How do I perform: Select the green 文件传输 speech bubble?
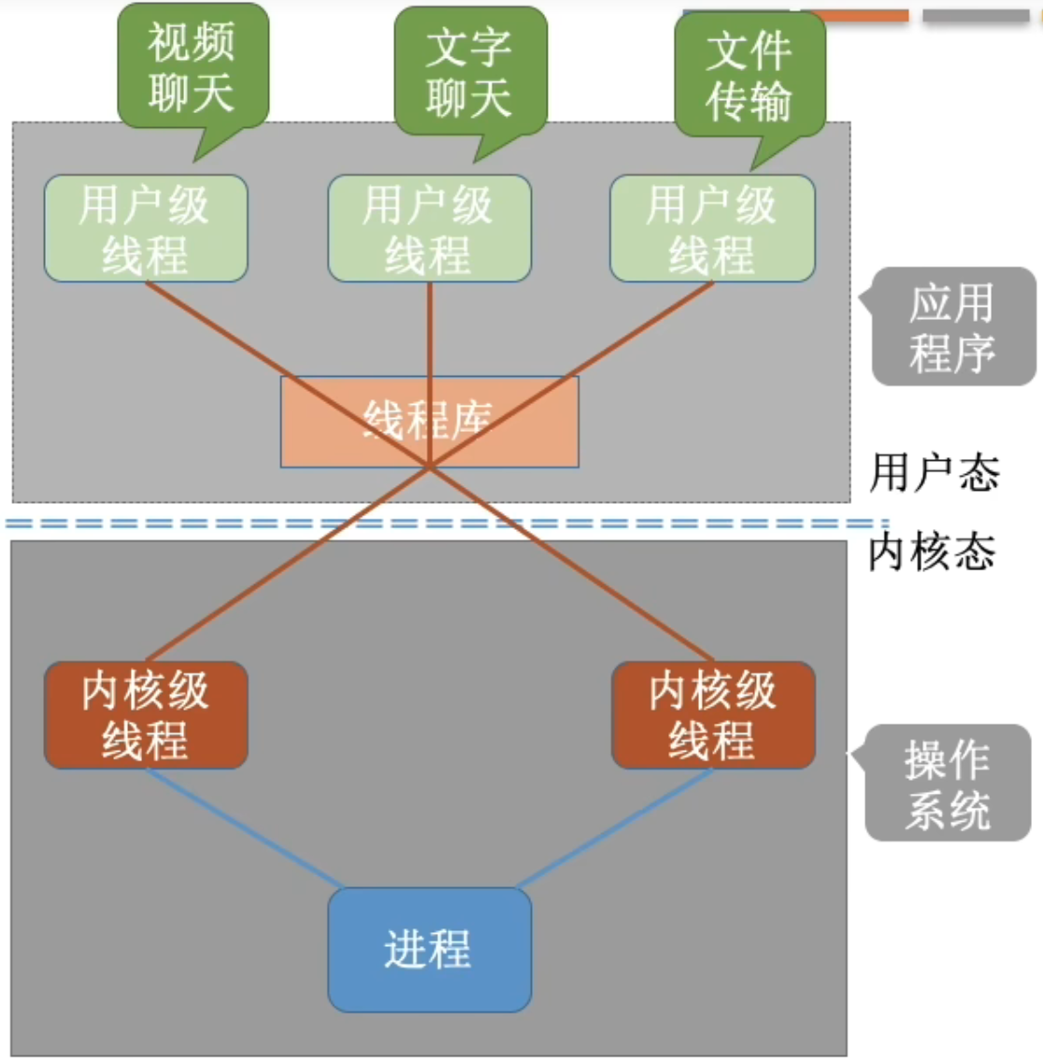(x=750, y=75)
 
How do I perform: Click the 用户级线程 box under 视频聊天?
(x=146, y=229)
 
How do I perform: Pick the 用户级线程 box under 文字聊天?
(x=429, y=229)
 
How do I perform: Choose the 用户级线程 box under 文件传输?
(x=712, y=229)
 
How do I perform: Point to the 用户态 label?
(x=934, y=473)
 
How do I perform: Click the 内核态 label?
(x=932, y=552)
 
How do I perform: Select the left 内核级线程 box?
(x=146, y=715)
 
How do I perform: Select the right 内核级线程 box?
(x=713, y=715)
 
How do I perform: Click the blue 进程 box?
(x=429, y=949)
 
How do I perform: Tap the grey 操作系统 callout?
(x=948, y=783)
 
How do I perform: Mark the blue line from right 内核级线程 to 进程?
(x=615, y=829)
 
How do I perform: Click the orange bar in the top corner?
(x=855, y=16)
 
